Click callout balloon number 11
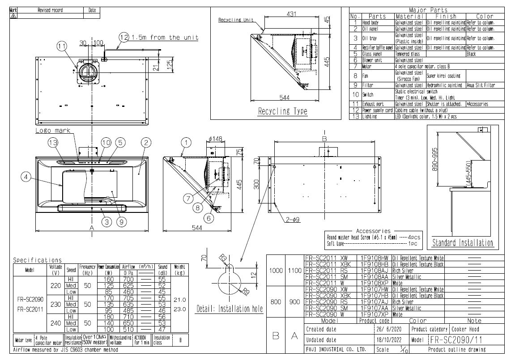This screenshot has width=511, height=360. pyautogui.click(x=62, y=46)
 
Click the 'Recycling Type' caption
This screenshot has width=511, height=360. pyautogui.click(x=282, y=111)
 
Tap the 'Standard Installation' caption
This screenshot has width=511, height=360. pyautogui.click(x=463, y=243)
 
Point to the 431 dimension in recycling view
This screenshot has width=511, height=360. pyautogui.click(x=291, y=15)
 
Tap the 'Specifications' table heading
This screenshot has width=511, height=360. pyautogui.click(x=38, y=260)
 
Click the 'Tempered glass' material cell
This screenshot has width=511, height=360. pyautogui.click(x=407, y=54)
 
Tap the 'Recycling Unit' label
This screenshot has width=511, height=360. pyautogui.click(x=236, y=20)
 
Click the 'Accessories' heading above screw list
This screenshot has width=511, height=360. pyautogui.click(x=374, y=231)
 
